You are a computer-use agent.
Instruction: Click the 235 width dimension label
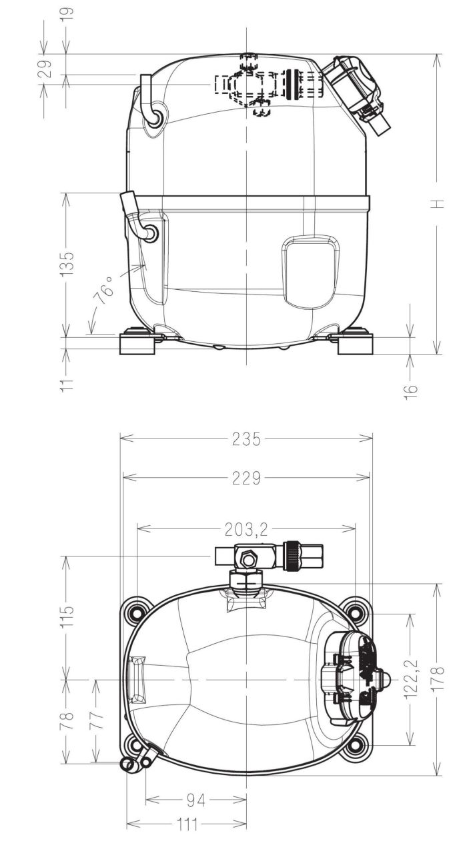(x=246, y=438)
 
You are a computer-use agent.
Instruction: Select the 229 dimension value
(x=246, y=478)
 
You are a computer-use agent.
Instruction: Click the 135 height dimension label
(x=68, y=263)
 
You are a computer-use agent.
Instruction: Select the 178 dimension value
(x=438, y=678)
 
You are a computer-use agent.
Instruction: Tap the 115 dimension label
(x=68, y=616)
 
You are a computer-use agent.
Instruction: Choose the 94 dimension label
(x=196, y=800)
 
